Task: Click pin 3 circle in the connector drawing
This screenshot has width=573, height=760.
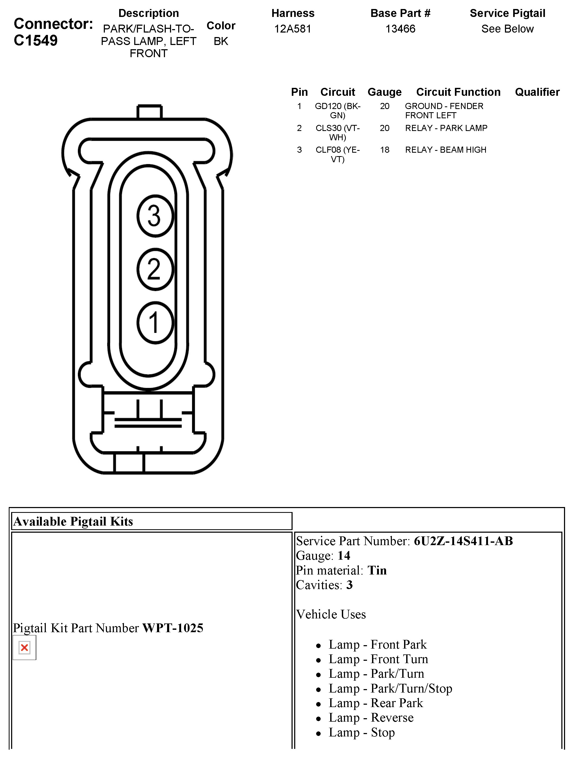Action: click(155, 216)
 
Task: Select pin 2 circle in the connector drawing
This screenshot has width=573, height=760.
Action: click(155, 269)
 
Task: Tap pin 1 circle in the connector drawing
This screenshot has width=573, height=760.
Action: click(155, 323)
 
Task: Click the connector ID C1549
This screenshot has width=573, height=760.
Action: click(36, 40)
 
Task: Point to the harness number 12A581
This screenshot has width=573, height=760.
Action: click(293, 29)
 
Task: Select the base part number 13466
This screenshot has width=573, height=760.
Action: click(400, 29)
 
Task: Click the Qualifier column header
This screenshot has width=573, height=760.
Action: click(537, 92)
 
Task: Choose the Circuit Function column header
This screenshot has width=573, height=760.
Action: click(458, 92)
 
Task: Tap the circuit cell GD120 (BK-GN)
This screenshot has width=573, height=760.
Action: click(338, 111)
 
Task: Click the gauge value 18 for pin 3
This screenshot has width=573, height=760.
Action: click(385, 150)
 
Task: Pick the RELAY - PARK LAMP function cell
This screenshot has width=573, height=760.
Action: click(446, 128)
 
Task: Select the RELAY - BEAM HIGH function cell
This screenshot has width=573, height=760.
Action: click(445, 150)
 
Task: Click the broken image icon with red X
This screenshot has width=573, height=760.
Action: click(24, 648)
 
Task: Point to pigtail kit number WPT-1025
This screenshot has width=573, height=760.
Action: click(173, 628)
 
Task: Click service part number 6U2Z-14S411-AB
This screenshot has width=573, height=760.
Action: click(463, 541)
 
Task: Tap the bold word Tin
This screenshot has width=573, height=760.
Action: click(377, 570)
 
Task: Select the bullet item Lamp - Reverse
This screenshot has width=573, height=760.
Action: click(371, 717)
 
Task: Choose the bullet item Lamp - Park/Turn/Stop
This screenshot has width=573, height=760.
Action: click(390, 688)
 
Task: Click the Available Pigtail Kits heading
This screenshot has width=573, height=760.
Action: click(73, 522)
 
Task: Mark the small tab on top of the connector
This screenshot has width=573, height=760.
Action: click(149, 112)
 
